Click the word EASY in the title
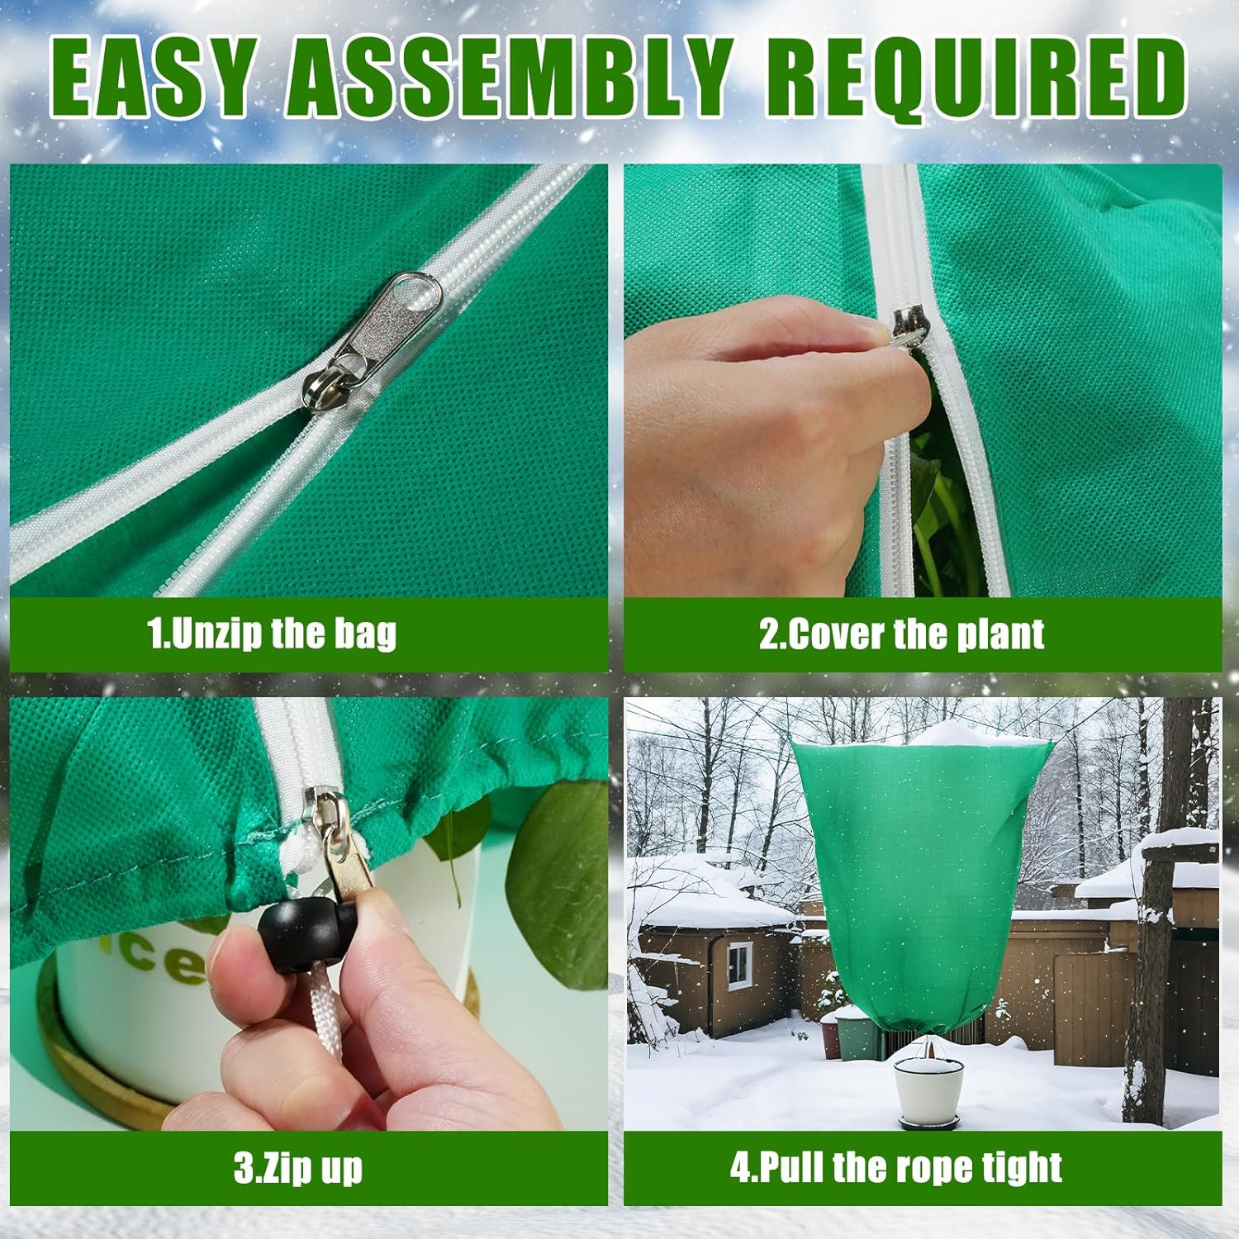[x=153, y=78]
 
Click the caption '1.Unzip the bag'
[x=272, y=634]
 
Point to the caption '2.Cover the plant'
[x=901, y=634]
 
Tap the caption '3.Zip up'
[x=297, y=1168]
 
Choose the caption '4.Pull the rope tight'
[x=896, y=1168]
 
